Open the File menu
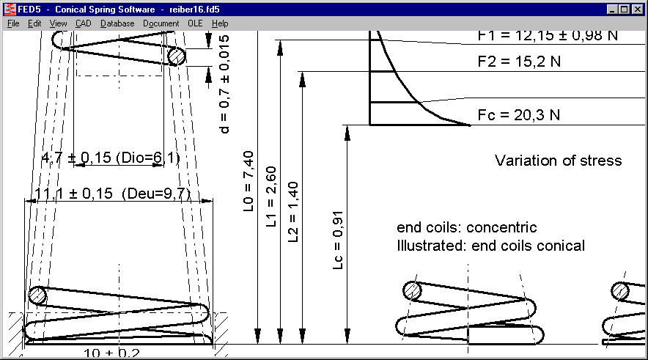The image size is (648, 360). pos(13,23)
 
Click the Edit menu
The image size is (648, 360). pos(34,23)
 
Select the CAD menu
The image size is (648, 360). pos(83,23)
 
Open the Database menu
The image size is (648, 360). pos(117,23)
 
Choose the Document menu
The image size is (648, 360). pos(161,23)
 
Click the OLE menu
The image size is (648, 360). pos(195,23)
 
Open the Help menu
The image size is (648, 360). pos(220,23)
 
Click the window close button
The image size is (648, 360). pos(637,10)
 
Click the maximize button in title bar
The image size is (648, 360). pos(625,10)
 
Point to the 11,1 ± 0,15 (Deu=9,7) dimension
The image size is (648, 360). pos(113,194)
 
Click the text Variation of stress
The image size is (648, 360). pos(558,161)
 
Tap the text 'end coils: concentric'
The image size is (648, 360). pos(466,227)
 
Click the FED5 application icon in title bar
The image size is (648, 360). pos(9,10)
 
